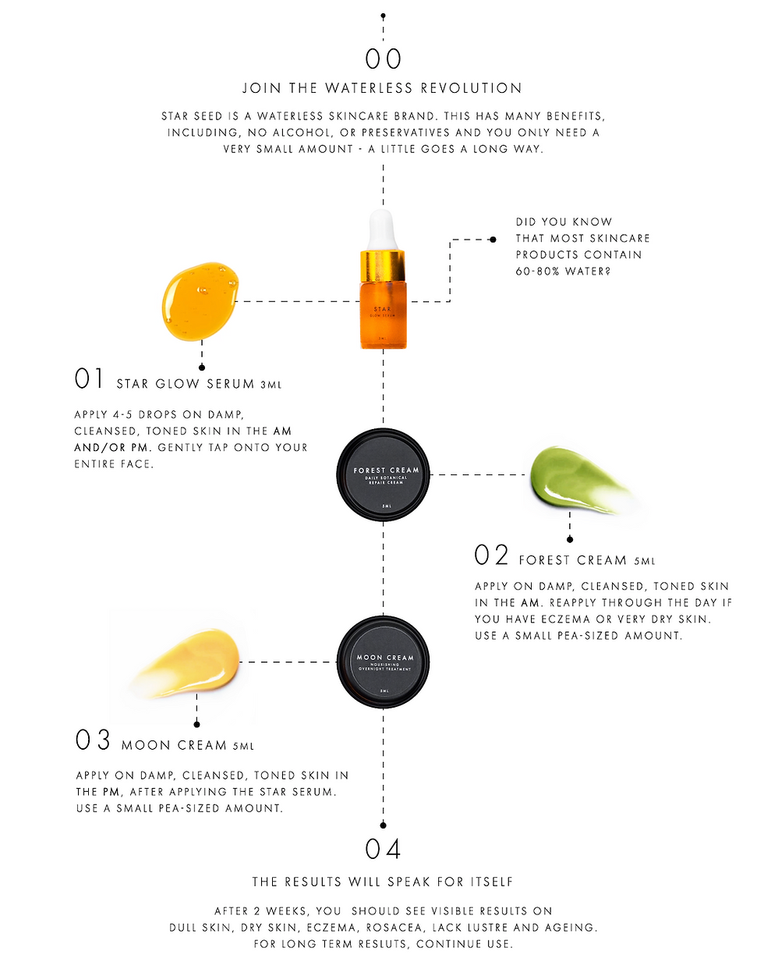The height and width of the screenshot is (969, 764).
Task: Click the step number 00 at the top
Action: pos(383,59)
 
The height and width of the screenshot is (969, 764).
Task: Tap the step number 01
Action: pos(88,378)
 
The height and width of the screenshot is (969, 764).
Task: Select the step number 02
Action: pos(491,555)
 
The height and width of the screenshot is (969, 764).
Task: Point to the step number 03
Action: pos(93,740)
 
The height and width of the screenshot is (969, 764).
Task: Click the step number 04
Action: pos(383,849)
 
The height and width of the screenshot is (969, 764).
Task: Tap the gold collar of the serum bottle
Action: pos(383,265)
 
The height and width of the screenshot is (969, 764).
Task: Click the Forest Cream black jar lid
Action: pos(384,474)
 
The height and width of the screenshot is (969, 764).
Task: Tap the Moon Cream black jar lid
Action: pos(384,662)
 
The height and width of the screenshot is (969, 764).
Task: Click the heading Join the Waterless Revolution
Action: pos(382,88)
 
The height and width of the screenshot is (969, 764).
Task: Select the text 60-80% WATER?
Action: pos(563,272)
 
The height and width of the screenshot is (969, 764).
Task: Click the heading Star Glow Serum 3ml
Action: pos(199,384)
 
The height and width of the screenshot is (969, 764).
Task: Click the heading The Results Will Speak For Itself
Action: pos(382,882)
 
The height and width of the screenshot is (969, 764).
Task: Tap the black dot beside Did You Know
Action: pos(493,240)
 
